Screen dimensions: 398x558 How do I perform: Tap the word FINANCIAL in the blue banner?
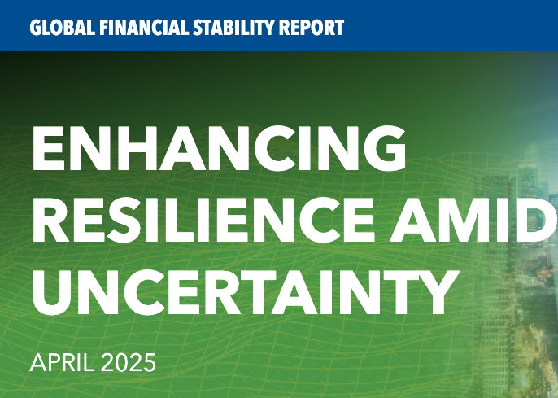(x=132, y=28)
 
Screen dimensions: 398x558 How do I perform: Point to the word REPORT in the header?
(x=307, y=28)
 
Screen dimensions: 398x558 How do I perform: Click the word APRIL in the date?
(x=61, y=363)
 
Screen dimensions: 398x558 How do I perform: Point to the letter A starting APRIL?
(x=37, y=363)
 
